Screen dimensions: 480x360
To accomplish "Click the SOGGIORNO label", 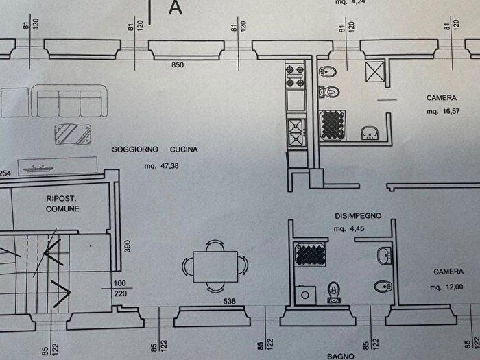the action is click(135, 149).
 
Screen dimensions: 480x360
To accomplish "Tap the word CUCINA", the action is click(184, 149).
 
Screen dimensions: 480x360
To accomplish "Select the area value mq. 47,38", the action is click(162, 166).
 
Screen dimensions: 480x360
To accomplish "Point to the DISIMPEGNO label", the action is click(358, 216).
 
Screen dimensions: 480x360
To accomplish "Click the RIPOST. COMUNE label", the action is click(62, 204).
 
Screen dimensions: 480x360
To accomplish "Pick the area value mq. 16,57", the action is click(443, 111).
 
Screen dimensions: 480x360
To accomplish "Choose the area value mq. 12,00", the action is click(446, 287).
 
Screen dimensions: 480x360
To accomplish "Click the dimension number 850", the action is click(178, 65).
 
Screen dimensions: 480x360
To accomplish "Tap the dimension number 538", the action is click(229, 301).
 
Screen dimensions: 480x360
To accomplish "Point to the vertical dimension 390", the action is click(128, 246).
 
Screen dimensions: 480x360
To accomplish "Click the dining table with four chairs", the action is click(215, 266).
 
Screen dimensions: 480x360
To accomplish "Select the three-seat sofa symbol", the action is click(69, 101).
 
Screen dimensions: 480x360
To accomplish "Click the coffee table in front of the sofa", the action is click(73, 134).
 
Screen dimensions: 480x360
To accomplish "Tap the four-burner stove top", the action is click(295, 75).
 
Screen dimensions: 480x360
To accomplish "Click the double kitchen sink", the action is click(296, 132).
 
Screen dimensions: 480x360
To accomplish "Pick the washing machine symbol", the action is click(305, 295).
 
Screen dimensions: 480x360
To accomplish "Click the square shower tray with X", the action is click(375, 71).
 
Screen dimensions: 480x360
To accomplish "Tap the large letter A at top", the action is click(176, 8).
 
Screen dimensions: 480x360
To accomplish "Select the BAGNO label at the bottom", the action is click(341, 357).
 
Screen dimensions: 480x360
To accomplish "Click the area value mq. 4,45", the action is click(349, 228).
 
